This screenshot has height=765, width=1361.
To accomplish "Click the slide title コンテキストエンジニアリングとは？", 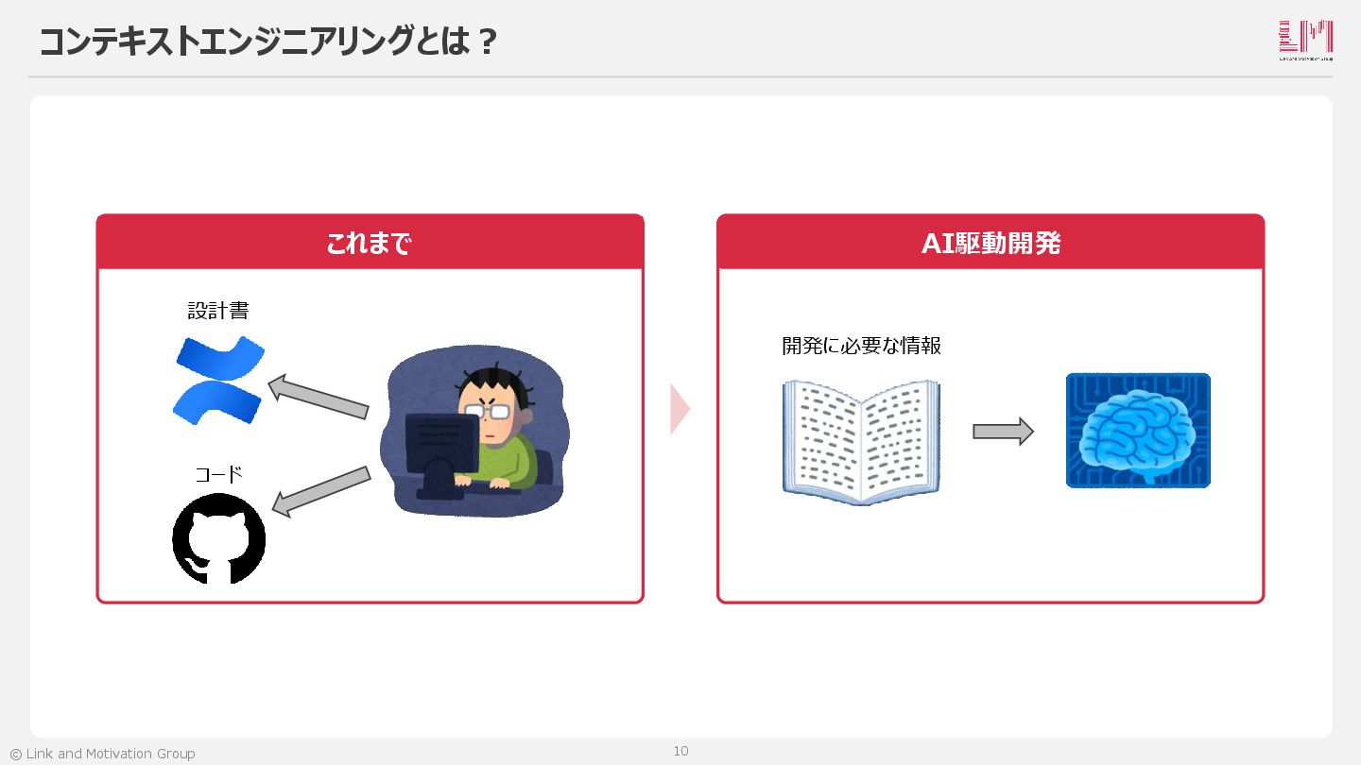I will point(268,42).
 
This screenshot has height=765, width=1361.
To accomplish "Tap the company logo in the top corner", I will point(1305,41).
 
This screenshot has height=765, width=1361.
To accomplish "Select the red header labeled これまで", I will point(370,243).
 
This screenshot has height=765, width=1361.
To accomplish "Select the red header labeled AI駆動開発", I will point(991,243).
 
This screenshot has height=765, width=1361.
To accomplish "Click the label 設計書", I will point(218,311).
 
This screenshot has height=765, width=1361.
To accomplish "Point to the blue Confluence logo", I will point(219,379).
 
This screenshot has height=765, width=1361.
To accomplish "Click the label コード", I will point(218,474).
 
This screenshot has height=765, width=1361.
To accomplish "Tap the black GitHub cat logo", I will point(218,539).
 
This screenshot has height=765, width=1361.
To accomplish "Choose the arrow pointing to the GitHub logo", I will point(320,491).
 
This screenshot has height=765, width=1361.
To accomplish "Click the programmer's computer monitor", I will point(441,445).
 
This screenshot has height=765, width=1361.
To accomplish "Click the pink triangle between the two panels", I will point(680,409).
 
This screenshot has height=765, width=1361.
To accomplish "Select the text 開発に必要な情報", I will point(861,346).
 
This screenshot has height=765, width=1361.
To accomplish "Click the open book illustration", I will point(861,440).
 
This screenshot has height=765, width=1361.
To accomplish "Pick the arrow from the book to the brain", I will point(1003,432).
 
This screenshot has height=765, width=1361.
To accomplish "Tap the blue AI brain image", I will point(1138,431).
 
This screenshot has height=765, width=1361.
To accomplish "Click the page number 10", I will point(680,751).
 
